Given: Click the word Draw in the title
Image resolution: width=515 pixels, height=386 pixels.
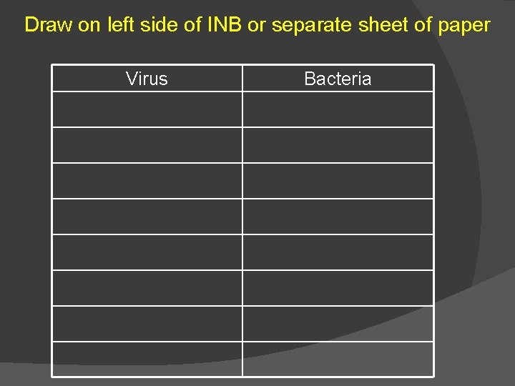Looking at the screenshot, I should pyautogui.click(x=49, y=26).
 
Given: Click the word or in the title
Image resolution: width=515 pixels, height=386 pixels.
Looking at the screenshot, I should pyautogui.click(x=255, y=26).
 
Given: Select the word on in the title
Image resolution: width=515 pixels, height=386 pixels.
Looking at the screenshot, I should pyautogui.click(x=89, y=26).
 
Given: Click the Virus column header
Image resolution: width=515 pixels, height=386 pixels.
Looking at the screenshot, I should pyautogui.click(x=147, y=79).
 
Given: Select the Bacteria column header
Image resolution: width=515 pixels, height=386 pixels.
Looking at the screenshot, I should pyautogui.click(x=338, y=79).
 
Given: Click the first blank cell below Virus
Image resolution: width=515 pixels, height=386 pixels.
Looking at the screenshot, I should pyautogui.click(x=147, y=109).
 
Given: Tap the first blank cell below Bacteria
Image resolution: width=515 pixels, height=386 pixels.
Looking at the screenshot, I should pyautogui.click(x=338, y=109).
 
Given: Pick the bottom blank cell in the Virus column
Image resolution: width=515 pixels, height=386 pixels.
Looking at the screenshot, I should pyautogui.click(x=147, y=359).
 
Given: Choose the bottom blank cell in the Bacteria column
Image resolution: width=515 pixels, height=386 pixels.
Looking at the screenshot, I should pyautogui.click(x=338, y=359).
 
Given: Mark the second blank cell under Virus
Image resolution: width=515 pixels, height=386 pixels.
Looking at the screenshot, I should pyautogui.click(x=147, y=145).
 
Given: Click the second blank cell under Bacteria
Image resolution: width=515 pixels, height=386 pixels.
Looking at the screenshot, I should pyautogui.click(x=338, y=145).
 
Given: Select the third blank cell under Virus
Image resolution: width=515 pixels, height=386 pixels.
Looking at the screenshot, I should pyautogui.click(x=147, y=181).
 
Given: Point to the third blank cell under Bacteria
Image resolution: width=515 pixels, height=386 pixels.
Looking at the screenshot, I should pyautogui.click(x=338, y=181).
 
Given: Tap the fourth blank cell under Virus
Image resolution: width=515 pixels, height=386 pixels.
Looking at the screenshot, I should pyautogui.click(x=147, y=217).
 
